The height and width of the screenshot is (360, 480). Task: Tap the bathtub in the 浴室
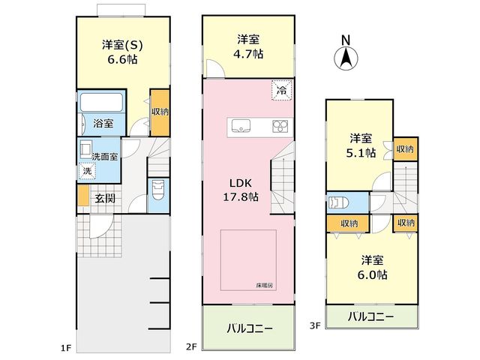click(x=102, y=102)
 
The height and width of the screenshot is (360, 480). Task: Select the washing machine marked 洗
click(x=87, y=170)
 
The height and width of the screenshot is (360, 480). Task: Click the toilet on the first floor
click(x=158, y=190)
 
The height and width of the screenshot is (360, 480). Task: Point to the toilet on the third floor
click(x=338, y=202)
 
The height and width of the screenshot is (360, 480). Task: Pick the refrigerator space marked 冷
click(x=281, y=90)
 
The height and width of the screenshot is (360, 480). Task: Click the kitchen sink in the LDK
click(x=241, y=126)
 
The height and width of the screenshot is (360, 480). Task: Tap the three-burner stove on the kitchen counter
click(x=280, y=127)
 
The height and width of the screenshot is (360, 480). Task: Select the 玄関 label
click(x=105, y=198)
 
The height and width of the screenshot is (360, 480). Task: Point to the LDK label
click(x=241, y=183)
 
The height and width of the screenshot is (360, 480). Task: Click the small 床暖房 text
click(x=264, y=286)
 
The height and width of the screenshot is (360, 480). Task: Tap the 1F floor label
click(x=65, y=348)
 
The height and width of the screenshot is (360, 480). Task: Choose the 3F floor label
click(x=315, y=325)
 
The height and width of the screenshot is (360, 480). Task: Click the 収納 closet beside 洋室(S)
click(x=160, y=112)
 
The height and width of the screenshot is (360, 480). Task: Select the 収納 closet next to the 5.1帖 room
click(x=405, y=149)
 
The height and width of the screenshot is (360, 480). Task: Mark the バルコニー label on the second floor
click(x=250, y=329)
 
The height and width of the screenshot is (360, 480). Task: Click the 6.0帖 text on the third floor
click(x=372, y=274)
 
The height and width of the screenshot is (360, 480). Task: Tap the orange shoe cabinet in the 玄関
click(x=83, y=195)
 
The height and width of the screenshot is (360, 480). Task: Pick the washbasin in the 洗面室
click(x=85, y=149)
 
